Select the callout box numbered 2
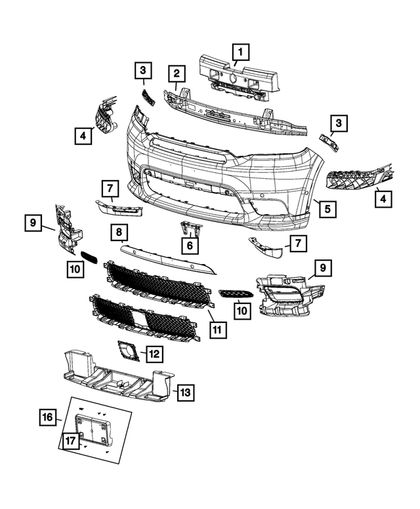[x=176, y=73]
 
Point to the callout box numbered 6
[x=190, y=246]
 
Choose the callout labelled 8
[x=119, y=232]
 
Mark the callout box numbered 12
[x=154, y=354]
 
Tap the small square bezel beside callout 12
[x=127, y=351]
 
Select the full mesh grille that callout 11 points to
[x=157, y=282]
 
